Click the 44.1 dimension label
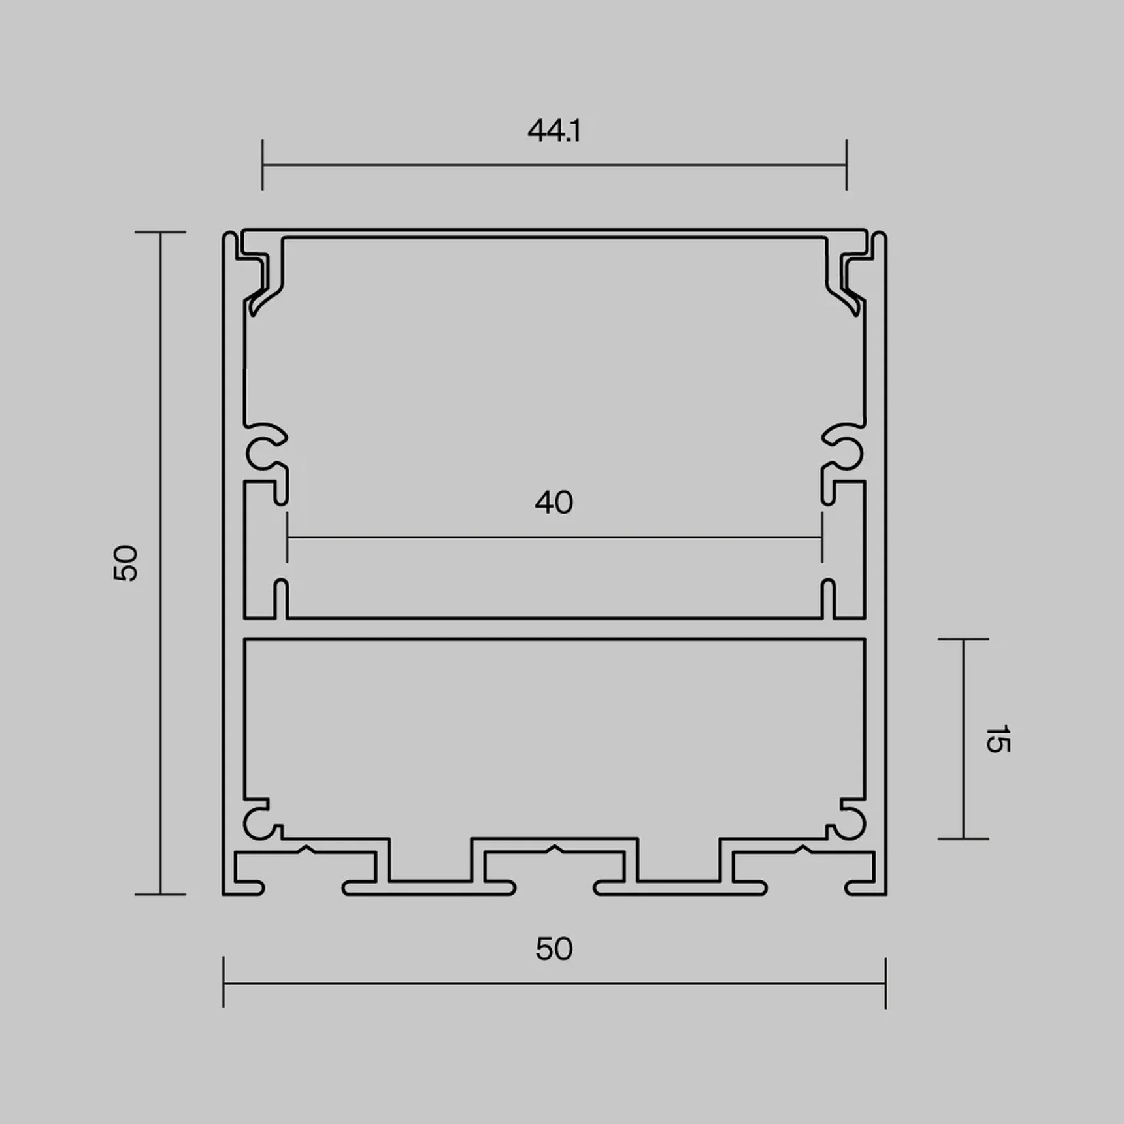554,131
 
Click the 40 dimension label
554,503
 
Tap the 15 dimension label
997,739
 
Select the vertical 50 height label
125,563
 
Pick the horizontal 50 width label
554,949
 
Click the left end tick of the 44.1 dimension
262,165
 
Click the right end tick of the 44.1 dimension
846,165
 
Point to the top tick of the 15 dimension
963,639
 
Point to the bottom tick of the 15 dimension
963,838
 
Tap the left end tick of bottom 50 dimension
223,983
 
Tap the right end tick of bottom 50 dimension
885,983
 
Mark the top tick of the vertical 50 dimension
161,232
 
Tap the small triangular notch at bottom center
554,849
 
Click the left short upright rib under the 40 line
281,598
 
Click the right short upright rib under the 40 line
828,598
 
